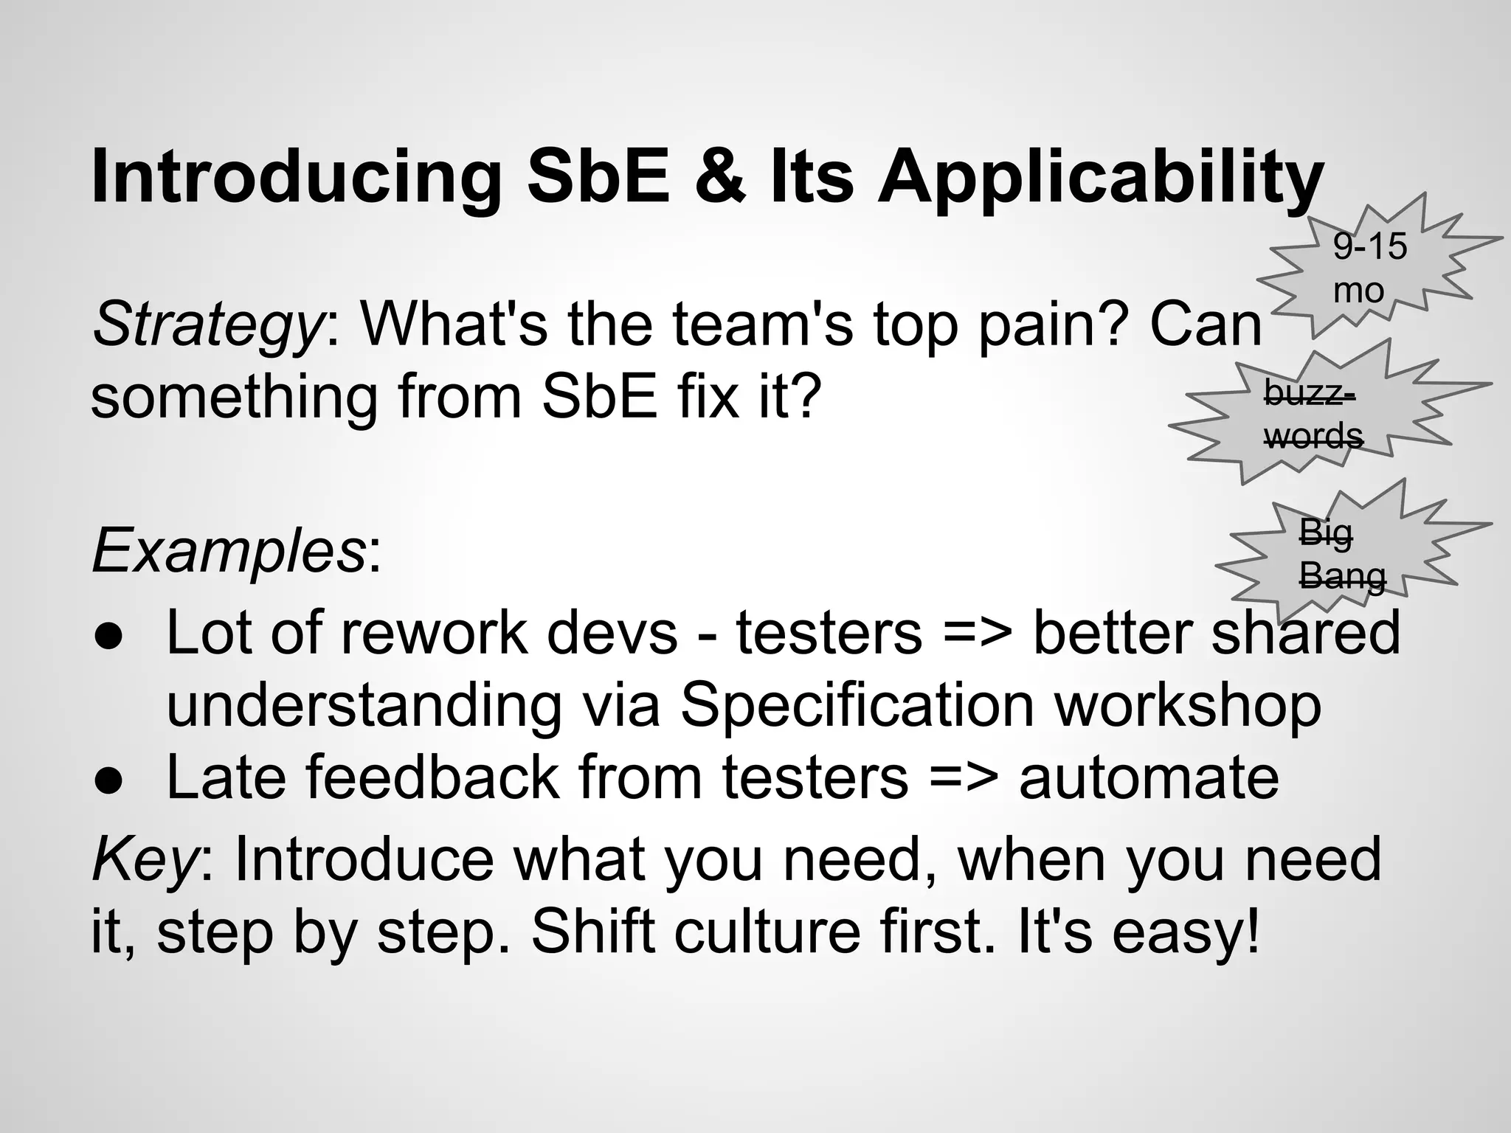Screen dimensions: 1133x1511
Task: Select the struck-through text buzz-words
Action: [x=1312, y=414]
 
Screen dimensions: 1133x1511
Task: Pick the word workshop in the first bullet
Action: [x=1187, y=705]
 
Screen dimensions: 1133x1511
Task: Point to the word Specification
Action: [x=857, y=705]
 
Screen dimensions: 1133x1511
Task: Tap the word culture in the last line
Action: [x=767, y=931]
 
